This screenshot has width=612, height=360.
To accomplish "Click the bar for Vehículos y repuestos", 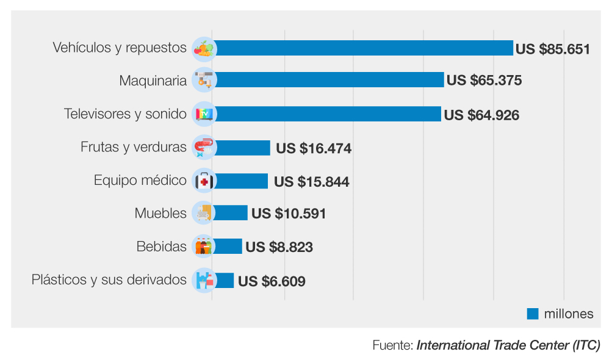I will click(x=363, y=48).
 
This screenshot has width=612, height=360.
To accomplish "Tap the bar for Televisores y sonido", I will click(x=327, y=114).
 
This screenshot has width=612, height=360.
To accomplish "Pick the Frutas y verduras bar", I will click(x=242, y=148).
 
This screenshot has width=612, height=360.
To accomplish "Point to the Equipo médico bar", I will click(x=240, y=181).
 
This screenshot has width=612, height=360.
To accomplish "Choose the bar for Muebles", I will click(x=231, y=213).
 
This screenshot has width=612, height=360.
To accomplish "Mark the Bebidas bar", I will click(x=228, y=247).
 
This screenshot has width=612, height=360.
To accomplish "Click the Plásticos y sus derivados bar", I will click(x=223, y=281).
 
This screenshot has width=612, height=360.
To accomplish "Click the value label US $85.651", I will click(x=553, y=48).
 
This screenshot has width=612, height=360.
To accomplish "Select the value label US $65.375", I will click(x=484, y=81).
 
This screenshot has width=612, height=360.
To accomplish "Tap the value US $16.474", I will click(x=314, y=148).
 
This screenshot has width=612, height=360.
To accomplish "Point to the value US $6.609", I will click(x=272, y=281).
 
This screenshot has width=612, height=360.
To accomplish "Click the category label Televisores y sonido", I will click(x=125, y=114).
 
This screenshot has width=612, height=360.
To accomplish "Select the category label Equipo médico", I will click(x=140, y=181).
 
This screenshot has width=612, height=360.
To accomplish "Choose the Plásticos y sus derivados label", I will click(x=109, y=280).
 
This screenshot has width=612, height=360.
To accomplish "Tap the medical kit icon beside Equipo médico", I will click(x=203, y=181).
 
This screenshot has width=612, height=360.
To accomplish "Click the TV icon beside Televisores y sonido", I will click(x=203, y=114).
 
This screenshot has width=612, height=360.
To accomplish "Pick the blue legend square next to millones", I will click(x=533, y=314).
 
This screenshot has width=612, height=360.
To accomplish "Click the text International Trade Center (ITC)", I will click(x=508, y=345).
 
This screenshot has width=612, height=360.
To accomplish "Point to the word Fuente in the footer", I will click(x=392, y=345).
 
